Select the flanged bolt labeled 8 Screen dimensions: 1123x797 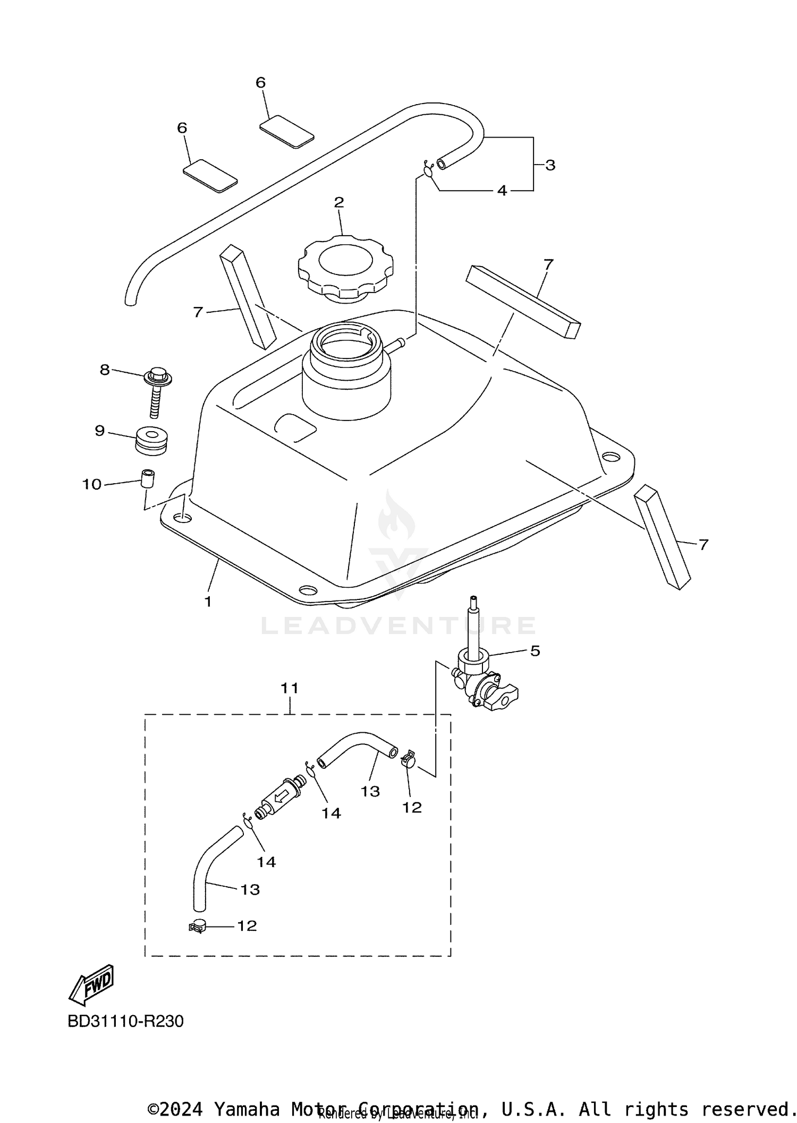pyautogui.click(x=157, y=388)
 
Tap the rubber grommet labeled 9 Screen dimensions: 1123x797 pyautogui.click(x=151, y=440)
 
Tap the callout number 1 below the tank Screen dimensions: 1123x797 pyautogui.click(x=208, y=602)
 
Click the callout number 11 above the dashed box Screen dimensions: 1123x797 pyautogui.click(x=290, y=688)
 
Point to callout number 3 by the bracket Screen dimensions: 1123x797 pyautogui.click(x=550, y=165)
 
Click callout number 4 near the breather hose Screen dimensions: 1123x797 pyautogui.click(x=502, y=191)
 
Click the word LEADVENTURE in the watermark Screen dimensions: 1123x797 pyautogui.click(x=398, y=625)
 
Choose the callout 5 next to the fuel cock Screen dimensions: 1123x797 pyautogui.click(x=535, y=651)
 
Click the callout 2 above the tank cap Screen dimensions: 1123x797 pyautogui.click(x=338, y=202)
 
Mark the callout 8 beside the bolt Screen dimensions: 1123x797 pyautogui.click(x=105, y=370)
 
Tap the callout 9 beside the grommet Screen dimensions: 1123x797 pyautogui.click(x=100, y=430)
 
